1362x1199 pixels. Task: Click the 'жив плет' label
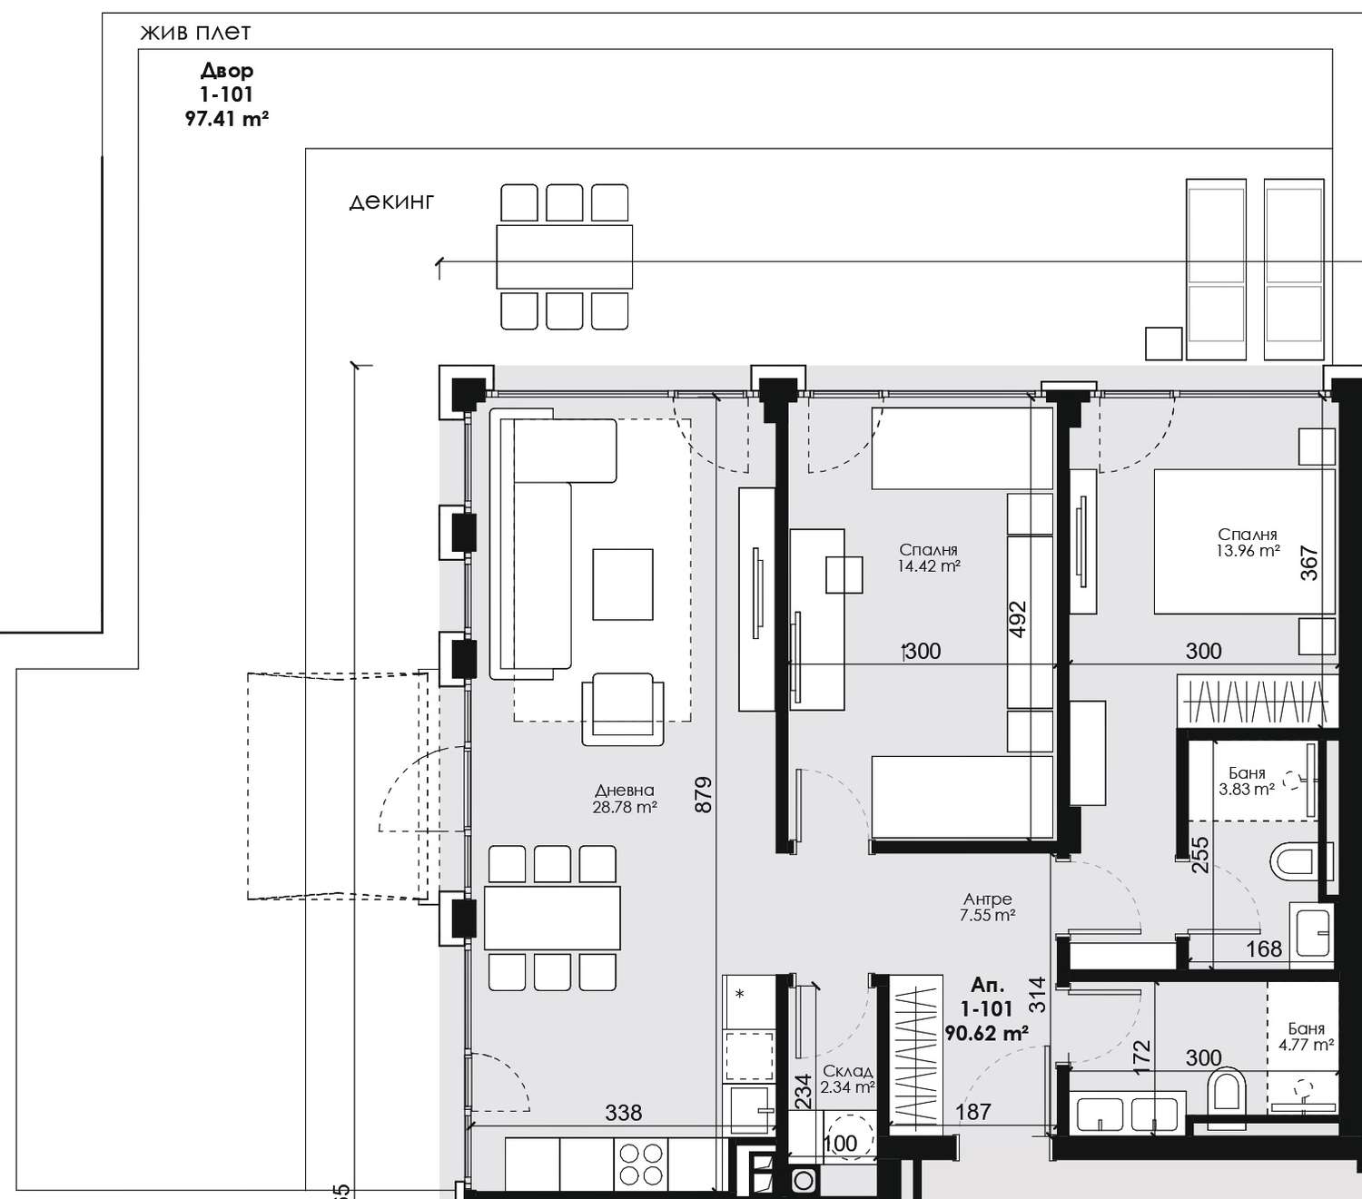pyautogui.click(x=195, y=33)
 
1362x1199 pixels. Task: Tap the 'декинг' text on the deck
pyautogui.click(x=391, y=201)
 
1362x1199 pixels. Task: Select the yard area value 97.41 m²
pyautogui.click(x=227, y=119)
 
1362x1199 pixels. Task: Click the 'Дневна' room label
pyautogui.click(x=625, y=791)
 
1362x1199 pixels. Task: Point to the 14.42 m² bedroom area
pyautogui.click(x=928, y=565)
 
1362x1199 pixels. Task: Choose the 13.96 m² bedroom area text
pyautogui.click(x=1248, y=550)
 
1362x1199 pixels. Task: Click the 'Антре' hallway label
pyautogui.click(x=988, y=899)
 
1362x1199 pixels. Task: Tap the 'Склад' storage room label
pyautogui.click(x=847, y=1071)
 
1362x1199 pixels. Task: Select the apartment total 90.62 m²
pyautogui.click(x=986, y=1033)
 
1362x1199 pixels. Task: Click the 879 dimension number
pyautogui.click(x=703, y=795)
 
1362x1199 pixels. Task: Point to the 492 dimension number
pyautogui.click(x=1019, y=619)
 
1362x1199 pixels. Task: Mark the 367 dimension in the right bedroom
pyautogui.click(x=1309, y=563)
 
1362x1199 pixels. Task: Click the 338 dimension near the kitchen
pyautogui.click(x=623, y=1113)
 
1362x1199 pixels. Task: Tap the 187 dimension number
pyautogui.click(x=973, y=1112)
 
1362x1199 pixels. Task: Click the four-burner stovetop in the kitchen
pyautogui.click(x=641, y=1165)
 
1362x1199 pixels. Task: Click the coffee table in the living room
pyautogui.click(x=623, y=584)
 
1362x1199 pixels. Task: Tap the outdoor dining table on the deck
pyautogui.click(x=564, y=257)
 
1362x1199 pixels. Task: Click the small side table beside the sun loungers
pyautogui.click(x=1164, y=343)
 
